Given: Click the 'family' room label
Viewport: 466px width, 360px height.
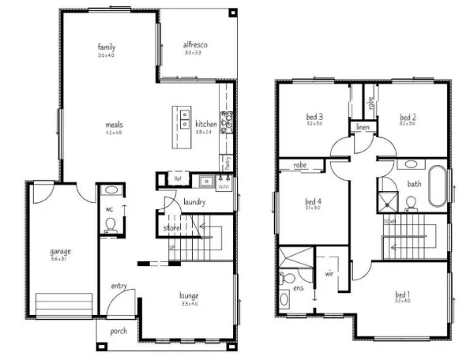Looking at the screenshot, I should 106,47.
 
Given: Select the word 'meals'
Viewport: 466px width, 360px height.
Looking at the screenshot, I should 114,124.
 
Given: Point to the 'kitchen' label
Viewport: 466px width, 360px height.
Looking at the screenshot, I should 206,124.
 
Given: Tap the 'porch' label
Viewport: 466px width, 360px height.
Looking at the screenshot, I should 119,331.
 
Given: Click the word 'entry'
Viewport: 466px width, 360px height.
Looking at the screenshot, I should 119,286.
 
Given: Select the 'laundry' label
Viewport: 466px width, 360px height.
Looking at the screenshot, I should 194,202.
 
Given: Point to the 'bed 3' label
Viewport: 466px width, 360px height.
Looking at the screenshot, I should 315,118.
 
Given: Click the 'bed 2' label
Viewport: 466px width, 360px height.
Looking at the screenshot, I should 408,118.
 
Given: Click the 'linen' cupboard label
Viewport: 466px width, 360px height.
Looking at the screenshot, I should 363,127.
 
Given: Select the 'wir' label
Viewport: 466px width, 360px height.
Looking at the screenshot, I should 329,274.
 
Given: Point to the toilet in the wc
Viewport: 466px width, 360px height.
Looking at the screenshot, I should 111,223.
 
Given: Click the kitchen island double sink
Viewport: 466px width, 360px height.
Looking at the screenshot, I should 184,118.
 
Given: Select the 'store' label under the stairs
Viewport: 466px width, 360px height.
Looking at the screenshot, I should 171,228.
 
